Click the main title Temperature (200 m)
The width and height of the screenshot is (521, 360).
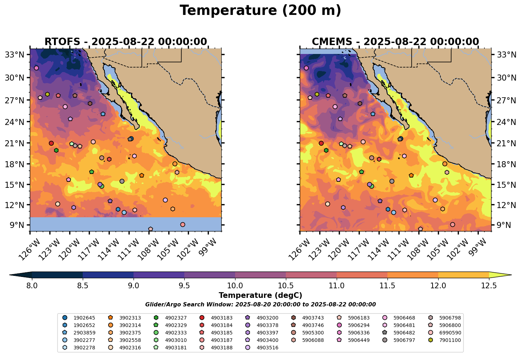(x=260, y=11)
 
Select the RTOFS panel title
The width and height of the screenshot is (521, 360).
(x=125, y=42)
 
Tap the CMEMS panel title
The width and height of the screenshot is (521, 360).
(x=395, y=42)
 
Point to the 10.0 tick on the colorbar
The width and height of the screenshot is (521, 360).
(x=235, y=285)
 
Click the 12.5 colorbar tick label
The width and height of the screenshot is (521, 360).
(x=489, y=285)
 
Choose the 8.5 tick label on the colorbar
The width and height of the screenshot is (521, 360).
(x=83, y=285)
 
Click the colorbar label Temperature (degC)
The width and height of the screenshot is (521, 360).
(x=260, y=295)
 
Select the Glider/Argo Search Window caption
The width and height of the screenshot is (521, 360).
(x=260, y=305)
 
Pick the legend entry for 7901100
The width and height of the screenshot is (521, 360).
(x=450, y=340)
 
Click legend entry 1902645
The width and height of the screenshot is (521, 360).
(x=84, y=317)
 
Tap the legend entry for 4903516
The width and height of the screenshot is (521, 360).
(x=267, y=348)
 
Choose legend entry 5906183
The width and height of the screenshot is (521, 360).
(x=358, y=317)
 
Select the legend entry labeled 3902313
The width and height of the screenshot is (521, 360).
(x=130, y=317)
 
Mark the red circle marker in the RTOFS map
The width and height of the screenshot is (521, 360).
(x=51, y=143)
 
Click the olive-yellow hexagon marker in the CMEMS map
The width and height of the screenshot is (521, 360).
(x=317, y=94)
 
